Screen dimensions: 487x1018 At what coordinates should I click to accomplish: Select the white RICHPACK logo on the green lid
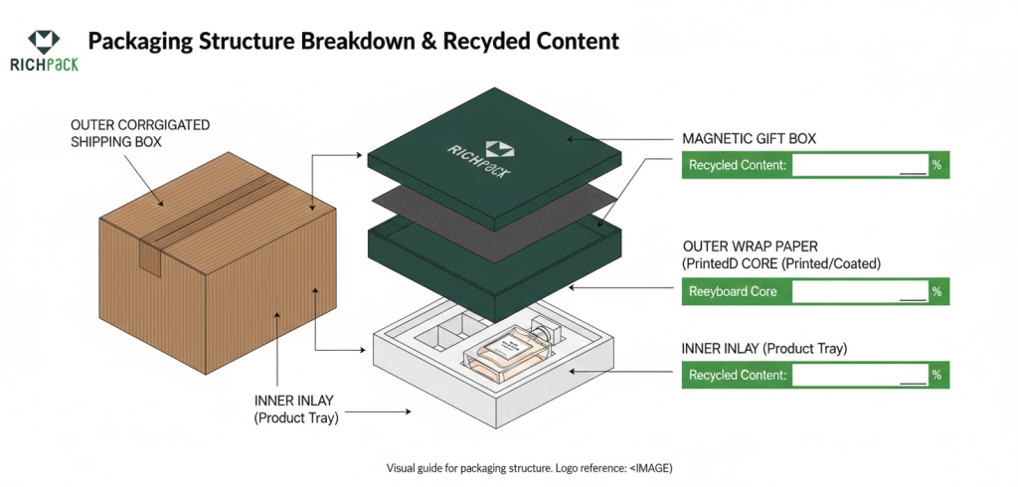click(x=480, y=153)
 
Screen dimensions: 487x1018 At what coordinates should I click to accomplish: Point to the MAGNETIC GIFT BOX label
click(x=749, y=138)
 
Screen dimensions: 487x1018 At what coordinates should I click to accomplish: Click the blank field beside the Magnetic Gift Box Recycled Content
click(x=860, y=166)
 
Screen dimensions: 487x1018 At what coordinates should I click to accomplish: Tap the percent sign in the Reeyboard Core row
click(x=936, y=292)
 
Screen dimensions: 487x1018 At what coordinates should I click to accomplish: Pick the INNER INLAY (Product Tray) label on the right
click(x=763, y=349)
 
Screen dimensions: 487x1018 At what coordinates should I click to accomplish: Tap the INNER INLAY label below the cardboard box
click(x=296, y=408)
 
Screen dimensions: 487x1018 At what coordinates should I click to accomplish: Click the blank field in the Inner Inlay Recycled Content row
click(x=860, y=376)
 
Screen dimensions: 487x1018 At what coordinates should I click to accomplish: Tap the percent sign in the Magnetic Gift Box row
click(x=936, y=166)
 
